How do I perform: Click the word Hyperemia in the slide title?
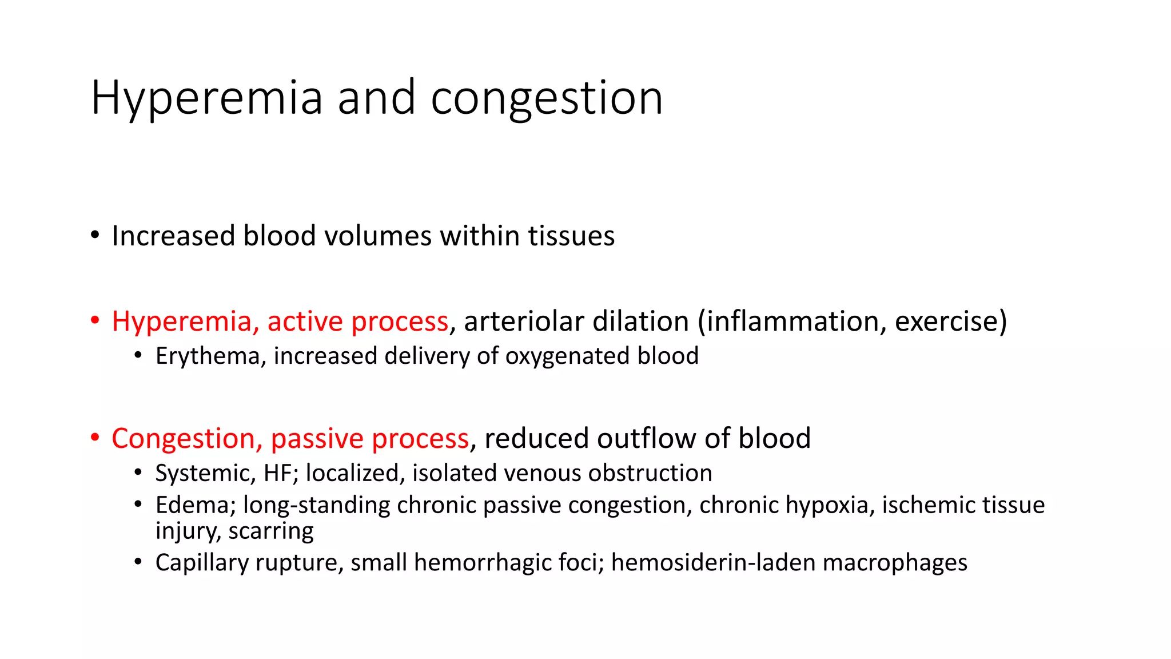coord(207,98)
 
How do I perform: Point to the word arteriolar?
coord(519,321)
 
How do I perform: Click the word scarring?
coord(271,531)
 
